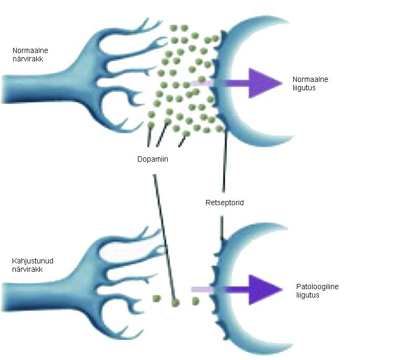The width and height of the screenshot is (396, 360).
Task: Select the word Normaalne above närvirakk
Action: pos(27,50)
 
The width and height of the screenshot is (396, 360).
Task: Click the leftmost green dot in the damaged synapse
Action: pos(156,298)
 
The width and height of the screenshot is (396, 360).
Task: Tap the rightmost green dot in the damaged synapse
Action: pos(195,301)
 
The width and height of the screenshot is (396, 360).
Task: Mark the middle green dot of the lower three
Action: pos(175,302)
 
